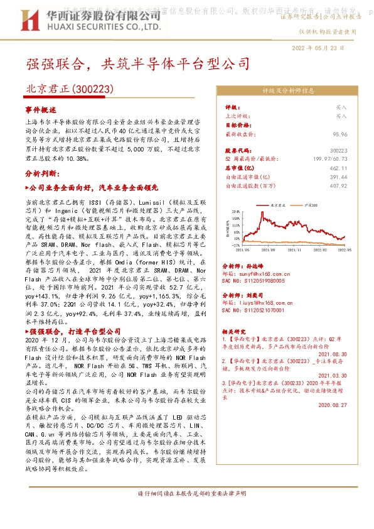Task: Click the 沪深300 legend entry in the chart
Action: click(x=307, y=205)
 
